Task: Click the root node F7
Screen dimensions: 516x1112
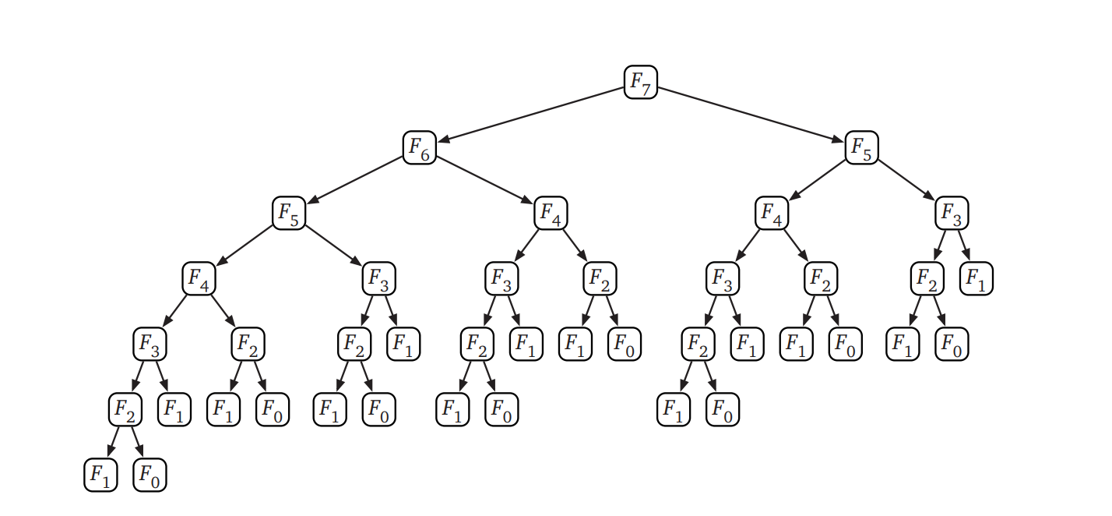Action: tap(640, 82)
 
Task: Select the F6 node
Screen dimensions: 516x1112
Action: tap(419, 147)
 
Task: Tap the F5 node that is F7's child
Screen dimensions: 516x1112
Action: tap(861, 147)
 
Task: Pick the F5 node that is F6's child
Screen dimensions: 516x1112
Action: tap(288, 213)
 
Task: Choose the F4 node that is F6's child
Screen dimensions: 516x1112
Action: tap(551, 213)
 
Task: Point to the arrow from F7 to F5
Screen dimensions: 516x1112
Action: tap(751, 115)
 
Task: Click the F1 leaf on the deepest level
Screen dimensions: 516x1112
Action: tap(100, 475)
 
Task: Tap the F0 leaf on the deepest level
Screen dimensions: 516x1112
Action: tap(150, 475)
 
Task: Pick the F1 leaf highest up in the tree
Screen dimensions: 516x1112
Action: tap(977, 279)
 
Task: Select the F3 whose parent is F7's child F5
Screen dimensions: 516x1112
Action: tap(952, 213)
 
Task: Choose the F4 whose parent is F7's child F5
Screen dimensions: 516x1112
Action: tap(771, 213)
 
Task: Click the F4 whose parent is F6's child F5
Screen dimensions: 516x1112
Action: tap(199, 279)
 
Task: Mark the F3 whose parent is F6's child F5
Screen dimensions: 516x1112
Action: tap(378, 279)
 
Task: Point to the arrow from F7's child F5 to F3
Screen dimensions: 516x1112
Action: tap(906, 180)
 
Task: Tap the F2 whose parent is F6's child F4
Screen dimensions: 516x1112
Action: tap(600, 279)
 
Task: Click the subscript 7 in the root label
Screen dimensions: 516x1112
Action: tap(646, 87)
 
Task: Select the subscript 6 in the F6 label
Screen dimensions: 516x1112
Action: tap(425, 153)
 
